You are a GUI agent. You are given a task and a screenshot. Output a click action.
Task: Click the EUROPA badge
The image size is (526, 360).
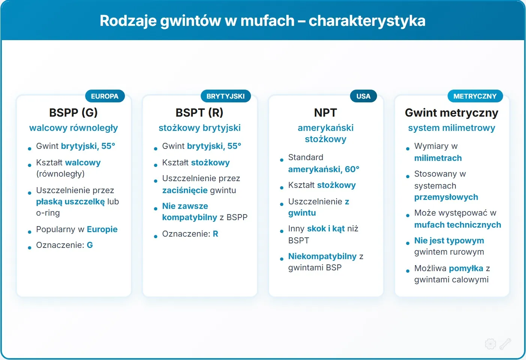pyautogui.click(x=105, y=96)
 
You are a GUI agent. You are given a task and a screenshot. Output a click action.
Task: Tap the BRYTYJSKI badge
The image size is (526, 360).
pyautogui.click(x=225, y=96)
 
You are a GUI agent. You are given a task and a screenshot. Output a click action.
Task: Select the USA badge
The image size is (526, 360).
pyautogui.click(x=363, y=96)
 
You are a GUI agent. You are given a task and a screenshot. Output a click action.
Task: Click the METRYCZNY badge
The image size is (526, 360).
pyautogui.click(x=475, y=96)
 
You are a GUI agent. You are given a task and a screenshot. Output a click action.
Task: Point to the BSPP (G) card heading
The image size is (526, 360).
pyautogui.click(x=74, y=112)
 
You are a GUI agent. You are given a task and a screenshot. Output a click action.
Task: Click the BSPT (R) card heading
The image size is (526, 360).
pyautogui.click(x=200, y=112)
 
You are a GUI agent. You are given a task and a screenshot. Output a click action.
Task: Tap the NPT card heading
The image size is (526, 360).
pyautogui.click(x=325, y=112)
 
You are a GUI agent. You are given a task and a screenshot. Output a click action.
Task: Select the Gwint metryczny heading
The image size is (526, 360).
pyautogui.click(x=451, y=112)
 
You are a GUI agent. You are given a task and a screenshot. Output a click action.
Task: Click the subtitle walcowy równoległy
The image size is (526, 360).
pyautogui.click(x=74, y=128)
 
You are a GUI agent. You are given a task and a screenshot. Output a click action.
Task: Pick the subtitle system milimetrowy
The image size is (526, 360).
pyautogui.click(x=451, y=128)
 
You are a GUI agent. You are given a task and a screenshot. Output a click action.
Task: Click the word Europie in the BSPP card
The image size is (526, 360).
pyautogui.click(x=102, y=229)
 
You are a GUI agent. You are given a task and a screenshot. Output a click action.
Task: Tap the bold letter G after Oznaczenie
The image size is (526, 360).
pyautogui.click(x=90, y=245)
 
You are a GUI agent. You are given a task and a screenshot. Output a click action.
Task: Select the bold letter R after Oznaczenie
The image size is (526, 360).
pyautogui.click(x=215, y=234)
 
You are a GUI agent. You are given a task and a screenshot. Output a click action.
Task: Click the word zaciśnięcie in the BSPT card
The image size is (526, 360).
pyautogui.click(x=185, y=190)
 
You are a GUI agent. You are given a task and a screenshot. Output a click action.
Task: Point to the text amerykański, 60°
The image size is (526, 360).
pyautogui.click(x=323, y=169)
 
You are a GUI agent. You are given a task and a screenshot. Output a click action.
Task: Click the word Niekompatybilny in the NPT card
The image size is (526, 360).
pyautogui.click(x=322, y=256)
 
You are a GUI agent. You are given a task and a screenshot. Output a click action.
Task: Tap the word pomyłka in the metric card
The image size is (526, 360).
pyautogui.click(x=466, y=268)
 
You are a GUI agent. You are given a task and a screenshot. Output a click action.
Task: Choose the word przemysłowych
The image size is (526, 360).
pyautogui.click(x=446, y=197)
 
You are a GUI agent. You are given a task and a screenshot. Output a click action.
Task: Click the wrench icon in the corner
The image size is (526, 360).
pyautogui.click(x=505, y=343)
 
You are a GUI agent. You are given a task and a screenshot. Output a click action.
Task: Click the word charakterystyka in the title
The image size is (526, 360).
pyautogui.click(x=367, y=21)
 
